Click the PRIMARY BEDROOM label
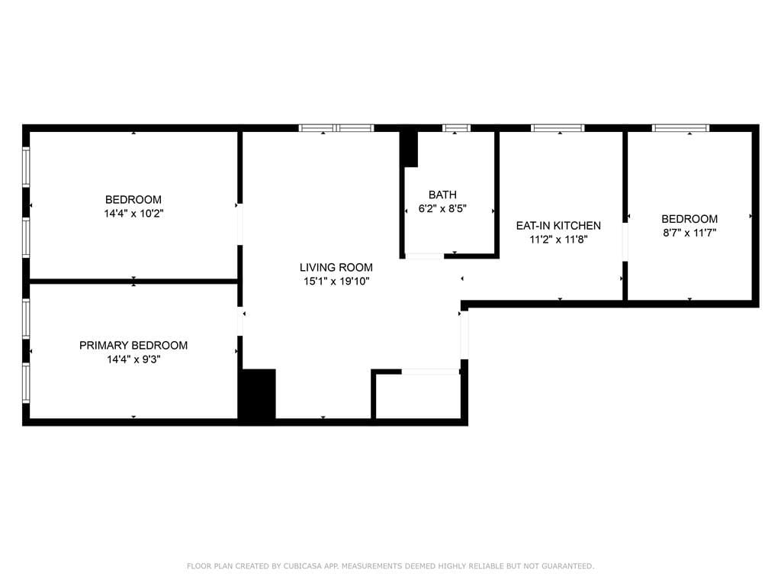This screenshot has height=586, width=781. click(133, 346)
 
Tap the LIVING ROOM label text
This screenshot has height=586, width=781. click(336, 267)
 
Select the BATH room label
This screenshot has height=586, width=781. click(442, 195)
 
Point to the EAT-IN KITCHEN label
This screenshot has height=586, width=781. click(558, 226)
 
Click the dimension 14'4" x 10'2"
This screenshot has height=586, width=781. click(133, 214)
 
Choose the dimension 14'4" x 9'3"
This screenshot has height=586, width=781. click(133, 359)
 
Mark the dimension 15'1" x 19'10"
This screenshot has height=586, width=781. click(336, 281)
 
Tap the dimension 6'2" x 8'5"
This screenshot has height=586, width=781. click(442, 208)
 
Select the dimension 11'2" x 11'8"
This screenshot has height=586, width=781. click(558, 239)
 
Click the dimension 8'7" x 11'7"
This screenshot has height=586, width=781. click(689, 233)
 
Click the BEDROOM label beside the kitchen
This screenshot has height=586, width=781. click(689, 219)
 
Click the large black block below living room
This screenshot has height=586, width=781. click(257, 394)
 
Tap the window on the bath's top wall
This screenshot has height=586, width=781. click(456, 128)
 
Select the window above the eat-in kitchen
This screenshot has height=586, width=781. click(558, 128)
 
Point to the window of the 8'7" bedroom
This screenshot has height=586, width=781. click(680, 128)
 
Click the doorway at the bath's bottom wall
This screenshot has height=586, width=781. click(424, 256)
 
